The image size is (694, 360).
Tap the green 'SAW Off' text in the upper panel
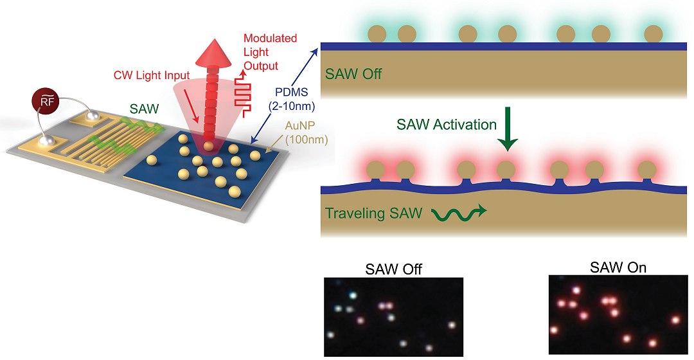tap(353, 73)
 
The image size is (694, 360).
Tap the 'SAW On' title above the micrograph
tap(619, 266)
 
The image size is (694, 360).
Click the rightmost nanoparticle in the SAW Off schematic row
tap(653, 33)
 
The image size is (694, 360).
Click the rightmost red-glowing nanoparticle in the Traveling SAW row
tap(648, 171)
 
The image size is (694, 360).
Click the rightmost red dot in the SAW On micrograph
tap(675, 319)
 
